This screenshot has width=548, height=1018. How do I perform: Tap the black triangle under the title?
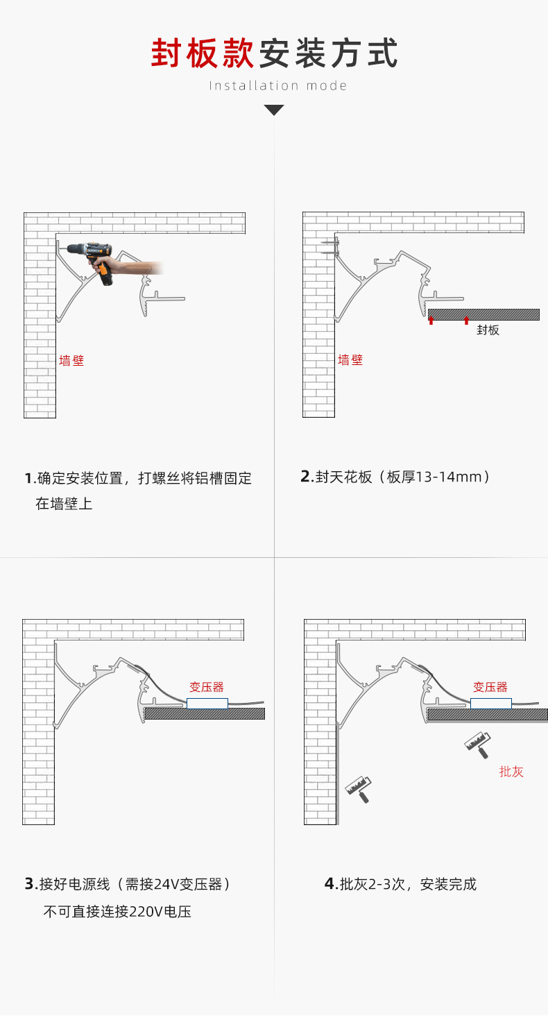[274, 110]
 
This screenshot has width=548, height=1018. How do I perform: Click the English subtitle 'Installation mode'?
[278, 85]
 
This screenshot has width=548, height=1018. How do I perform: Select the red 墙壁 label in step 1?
[71, 361]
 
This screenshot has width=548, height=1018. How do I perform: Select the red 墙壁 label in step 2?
[350, 360]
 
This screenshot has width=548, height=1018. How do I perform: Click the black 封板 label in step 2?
[488, 330]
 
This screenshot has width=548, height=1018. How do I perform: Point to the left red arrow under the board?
[431, 320]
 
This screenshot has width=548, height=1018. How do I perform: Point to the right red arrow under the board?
[466, 320]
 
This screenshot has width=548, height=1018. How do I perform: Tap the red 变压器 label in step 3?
[207, 687]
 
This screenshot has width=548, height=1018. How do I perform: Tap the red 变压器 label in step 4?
[490, 687]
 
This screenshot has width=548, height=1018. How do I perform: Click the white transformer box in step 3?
[207, 703]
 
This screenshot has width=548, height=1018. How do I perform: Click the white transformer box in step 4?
[490, 703]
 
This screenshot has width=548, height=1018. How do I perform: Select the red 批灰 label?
[511, 771]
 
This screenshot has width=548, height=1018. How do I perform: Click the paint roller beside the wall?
[359, 789]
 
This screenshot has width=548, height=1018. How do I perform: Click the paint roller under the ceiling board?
[477, 745]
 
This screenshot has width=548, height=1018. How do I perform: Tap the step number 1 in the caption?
[28, 479]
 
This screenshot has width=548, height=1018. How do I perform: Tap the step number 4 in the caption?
[329, 884]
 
